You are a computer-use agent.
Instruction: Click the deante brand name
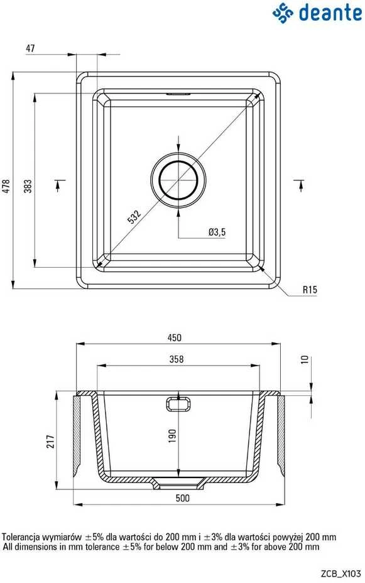point(330,13)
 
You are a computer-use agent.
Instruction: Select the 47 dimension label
point(31,48)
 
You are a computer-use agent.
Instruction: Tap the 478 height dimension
point(6,186)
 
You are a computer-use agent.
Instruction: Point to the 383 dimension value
point(28,186)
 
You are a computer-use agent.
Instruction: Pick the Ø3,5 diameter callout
point(217,232)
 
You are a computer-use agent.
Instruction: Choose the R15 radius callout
point(310,290)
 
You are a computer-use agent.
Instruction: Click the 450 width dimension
point(174,337)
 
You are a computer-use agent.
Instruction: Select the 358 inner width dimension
point(176,359)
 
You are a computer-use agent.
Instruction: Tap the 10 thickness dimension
point(305,359)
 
